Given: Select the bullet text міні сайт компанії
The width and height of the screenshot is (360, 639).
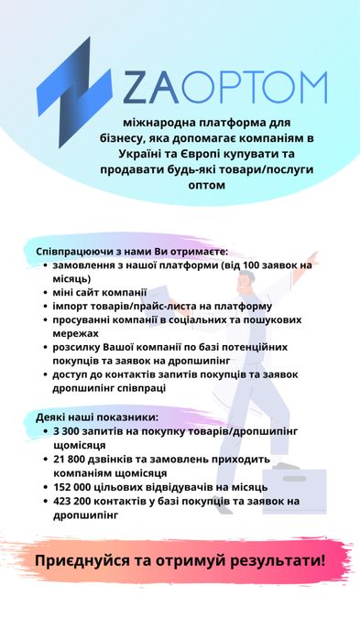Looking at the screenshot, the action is (94, 292).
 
